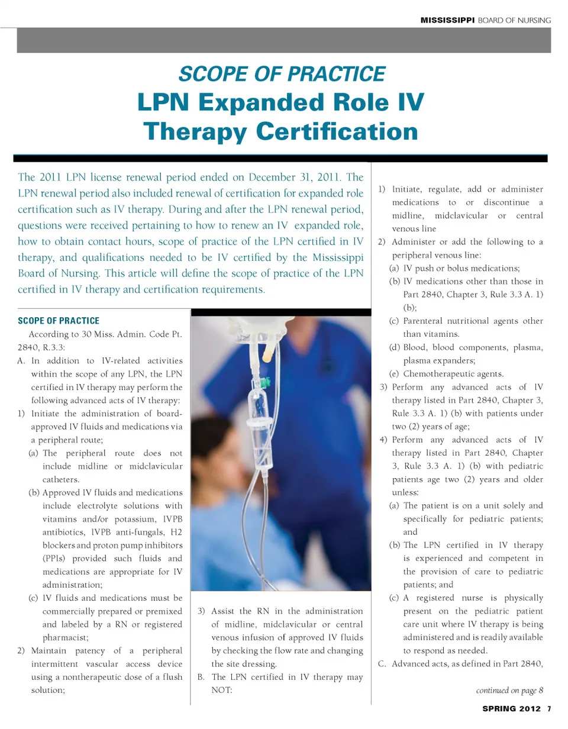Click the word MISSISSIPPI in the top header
coord(448,20)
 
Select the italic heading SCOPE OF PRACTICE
coord(282,74)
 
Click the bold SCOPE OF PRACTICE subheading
coord(59,321)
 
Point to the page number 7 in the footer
coord(548,709)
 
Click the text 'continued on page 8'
coord(509,690)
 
